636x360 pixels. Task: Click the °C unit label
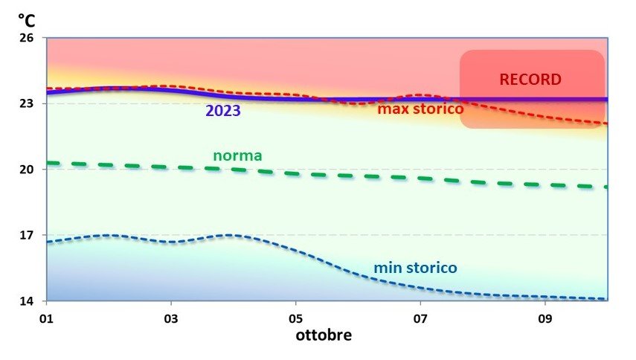point(26,20)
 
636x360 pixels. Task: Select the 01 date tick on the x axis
point(47,316)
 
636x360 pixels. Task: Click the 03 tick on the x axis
point(172,316)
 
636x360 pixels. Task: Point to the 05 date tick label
point(296,316)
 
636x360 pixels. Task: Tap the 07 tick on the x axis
point(421,316)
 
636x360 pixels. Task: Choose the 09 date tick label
point(546,316)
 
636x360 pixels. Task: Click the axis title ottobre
point(324,335)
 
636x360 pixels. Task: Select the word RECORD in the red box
point(530,79)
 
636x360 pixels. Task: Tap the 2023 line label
point(222,112)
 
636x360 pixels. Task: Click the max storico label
point(420,109)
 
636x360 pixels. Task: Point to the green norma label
point(237,155)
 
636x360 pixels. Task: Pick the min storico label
point(415,267)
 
